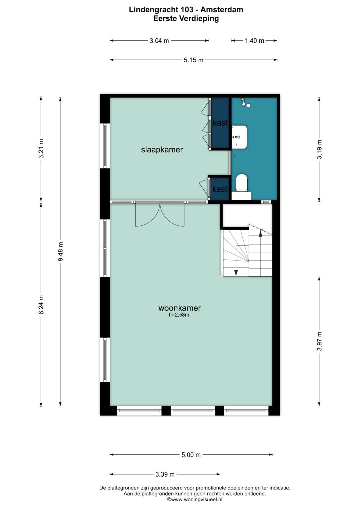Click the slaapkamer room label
coord(162,150)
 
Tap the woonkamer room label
coord(179,308)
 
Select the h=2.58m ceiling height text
coord(179,315)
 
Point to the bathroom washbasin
coord(239,137)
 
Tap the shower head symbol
coord(245,102)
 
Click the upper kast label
coord(220,123)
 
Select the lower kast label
coord(220,189)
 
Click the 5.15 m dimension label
coord(193,60)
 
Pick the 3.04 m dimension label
coord(159,41)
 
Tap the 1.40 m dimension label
coord(254,41)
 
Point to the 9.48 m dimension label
coord(60,252)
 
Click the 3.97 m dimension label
coord(319,341)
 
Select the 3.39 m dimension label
coord(165,474)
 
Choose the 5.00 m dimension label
coord(191,455)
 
